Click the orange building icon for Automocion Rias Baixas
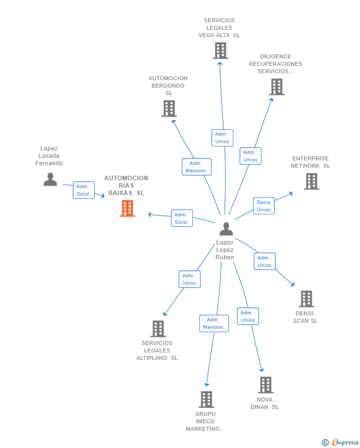[127, 208]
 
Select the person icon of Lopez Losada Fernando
[50, 179]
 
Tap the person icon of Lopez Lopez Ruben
[226, 229]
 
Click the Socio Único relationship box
[264, 206]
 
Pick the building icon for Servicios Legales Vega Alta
[221, 50]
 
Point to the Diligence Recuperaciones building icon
[276, 87]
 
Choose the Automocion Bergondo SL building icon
[169, 108]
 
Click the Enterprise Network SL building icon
[312, 182]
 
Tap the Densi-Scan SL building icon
[306, 299]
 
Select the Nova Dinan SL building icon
[266, 385]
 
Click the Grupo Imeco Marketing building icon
[206, 399]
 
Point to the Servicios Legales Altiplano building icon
[158, 329]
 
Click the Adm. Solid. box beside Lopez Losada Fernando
[84, 190]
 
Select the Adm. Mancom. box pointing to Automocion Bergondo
[197, 167]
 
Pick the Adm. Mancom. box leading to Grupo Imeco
[214, 323]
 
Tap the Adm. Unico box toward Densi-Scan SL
[265, 261]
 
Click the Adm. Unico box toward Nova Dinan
[248, 316]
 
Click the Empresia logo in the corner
[341, 442]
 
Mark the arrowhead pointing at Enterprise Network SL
[291, 194]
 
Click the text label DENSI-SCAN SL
[305, 317]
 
